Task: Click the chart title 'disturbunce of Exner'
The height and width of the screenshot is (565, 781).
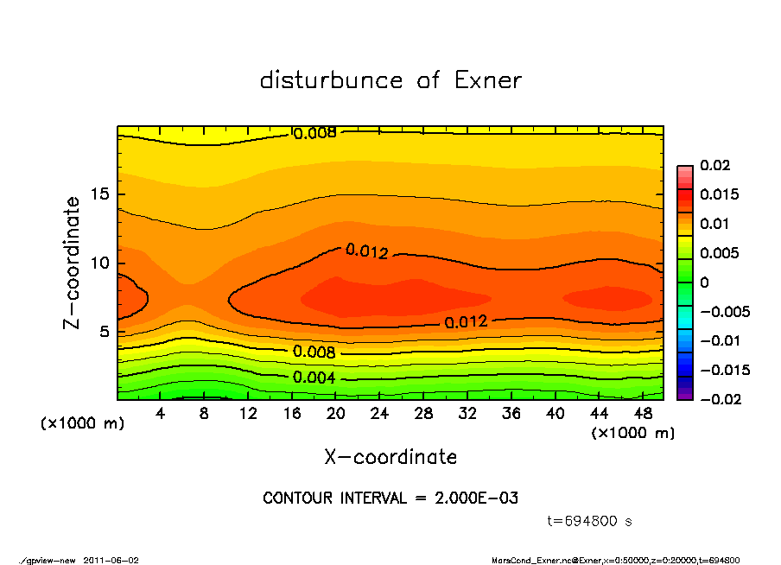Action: pyautogui.click(x=390, y=80)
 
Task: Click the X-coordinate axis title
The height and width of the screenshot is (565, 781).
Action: pyautogui.click(x=390, y=456)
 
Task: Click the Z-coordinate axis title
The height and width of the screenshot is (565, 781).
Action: pyautogui.click(x=72, y=263)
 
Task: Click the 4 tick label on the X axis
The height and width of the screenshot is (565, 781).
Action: pyautogui.click(x=161, y=414)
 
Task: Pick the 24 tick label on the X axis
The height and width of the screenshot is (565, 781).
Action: pyautogui.click(x=379, y=414)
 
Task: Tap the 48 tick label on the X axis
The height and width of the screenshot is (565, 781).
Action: pyautogui.click(x=643, y=414)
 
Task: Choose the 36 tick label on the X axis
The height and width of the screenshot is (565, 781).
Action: pyautogui.click(x=511, y=414)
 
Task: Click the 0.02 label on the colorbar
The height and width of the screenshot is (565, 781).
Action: pyautogui.click(x=715, y=165)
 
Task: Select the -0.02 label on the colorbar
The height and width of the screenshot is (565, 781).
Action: pyautogui.click(x=719, y=399)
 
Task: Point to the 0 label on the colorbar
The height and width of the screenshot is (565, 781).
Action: pyautogui.click(x=704, y=282)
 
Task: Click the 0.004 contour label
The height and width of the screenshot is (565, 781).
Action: pyautogui.click(x=314, y=378)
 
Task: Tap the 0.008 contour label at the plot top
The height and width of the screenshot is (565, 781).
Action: pyautogui.click(x=315, y=134)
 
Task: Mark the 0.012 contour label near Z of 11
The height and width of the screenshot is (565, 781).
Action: pyautogui.click(x=367, y=251)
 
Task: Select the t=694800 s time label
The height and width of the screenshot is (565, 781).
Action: pyautogui.click(x=590, y=521)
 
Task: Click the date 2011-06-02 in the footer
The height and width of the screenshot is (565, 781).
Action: pyautogui.click(x=111, y=560)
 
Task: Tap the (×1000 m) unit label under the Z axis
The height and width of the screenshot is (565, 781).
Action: pyautogui.click(x=82, y=424)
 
